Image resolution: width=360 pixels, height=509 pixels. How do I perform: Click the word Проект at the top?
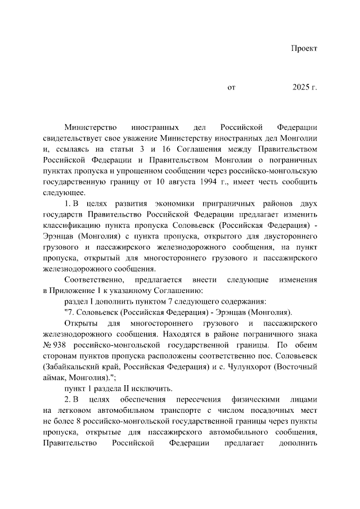(304, 48)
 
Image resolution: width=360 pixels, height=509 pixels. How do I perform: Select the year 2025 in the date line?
(301, 88)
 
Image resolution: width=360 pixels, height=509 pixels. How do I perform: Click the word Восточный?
(295, 366)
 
